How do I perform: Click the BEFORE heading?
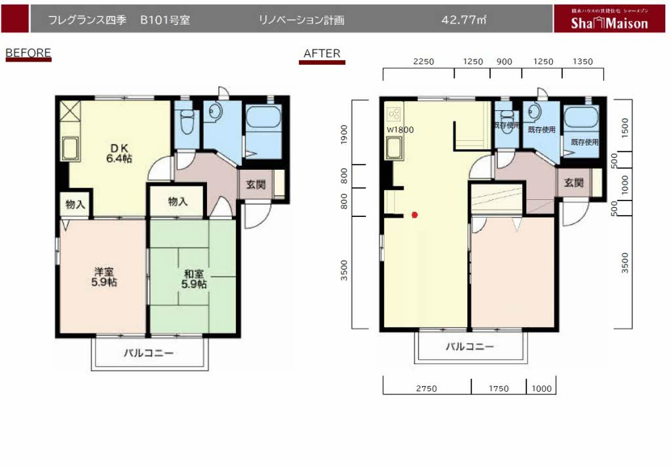click(x=28, y=52)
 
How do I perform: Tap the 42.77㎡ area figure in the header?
click(x=463, y=20)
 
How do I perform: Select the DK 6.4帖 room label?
click(x=119, y=153)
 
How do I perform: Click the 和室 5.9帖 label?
click(x=195, y=279)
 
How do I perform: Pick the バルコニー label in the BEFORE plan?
click(x=149, y=353)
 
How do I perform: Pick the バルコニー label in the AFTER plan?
click(x=470, y=347)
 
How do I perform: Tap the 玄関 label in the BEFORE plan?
click(x=256, y=184)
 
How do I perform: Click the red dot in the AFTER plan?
click(x=414, y=214)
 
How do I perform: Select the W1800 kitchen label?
click(x=400, y=130)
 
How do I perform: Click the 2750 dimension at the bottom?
click(x=426, y=389)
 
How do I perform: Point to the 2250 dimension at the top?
click(x=424, y=62)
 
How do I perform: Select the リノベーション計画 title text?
click(x=302, y=20)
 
